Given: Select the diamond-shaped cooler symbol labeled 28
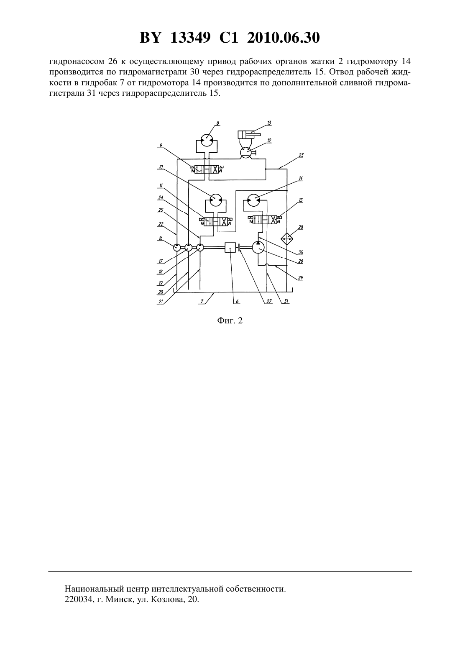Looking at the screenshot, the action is tap(287, 238).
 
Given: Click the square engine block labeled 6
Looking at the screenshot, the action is tap(230, 248).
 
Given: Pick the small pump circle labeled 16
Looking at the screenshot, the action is tap(176, 248).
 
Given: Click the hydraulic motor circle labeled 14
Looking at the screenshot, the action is tap(253, 200).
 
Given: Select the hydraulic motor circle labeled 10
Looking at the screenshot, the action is tap(215, 200).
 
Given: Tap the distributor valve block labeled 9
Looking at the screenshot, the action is tap(207, 169).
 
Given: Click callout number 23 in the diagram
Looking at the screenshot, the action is tap(301, 155).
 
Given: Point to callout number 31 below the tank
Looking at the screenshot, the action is tap(286, 301).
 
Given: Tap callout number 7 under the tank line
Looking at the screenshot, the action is tap(202, 301).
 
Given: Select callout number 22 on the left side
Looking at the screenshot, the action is tap(161, 224).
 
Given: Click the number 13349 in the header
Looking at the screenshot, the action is tap(191, 38).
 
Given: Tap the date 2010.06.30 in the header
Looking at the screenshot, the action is tap(284, 38).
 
